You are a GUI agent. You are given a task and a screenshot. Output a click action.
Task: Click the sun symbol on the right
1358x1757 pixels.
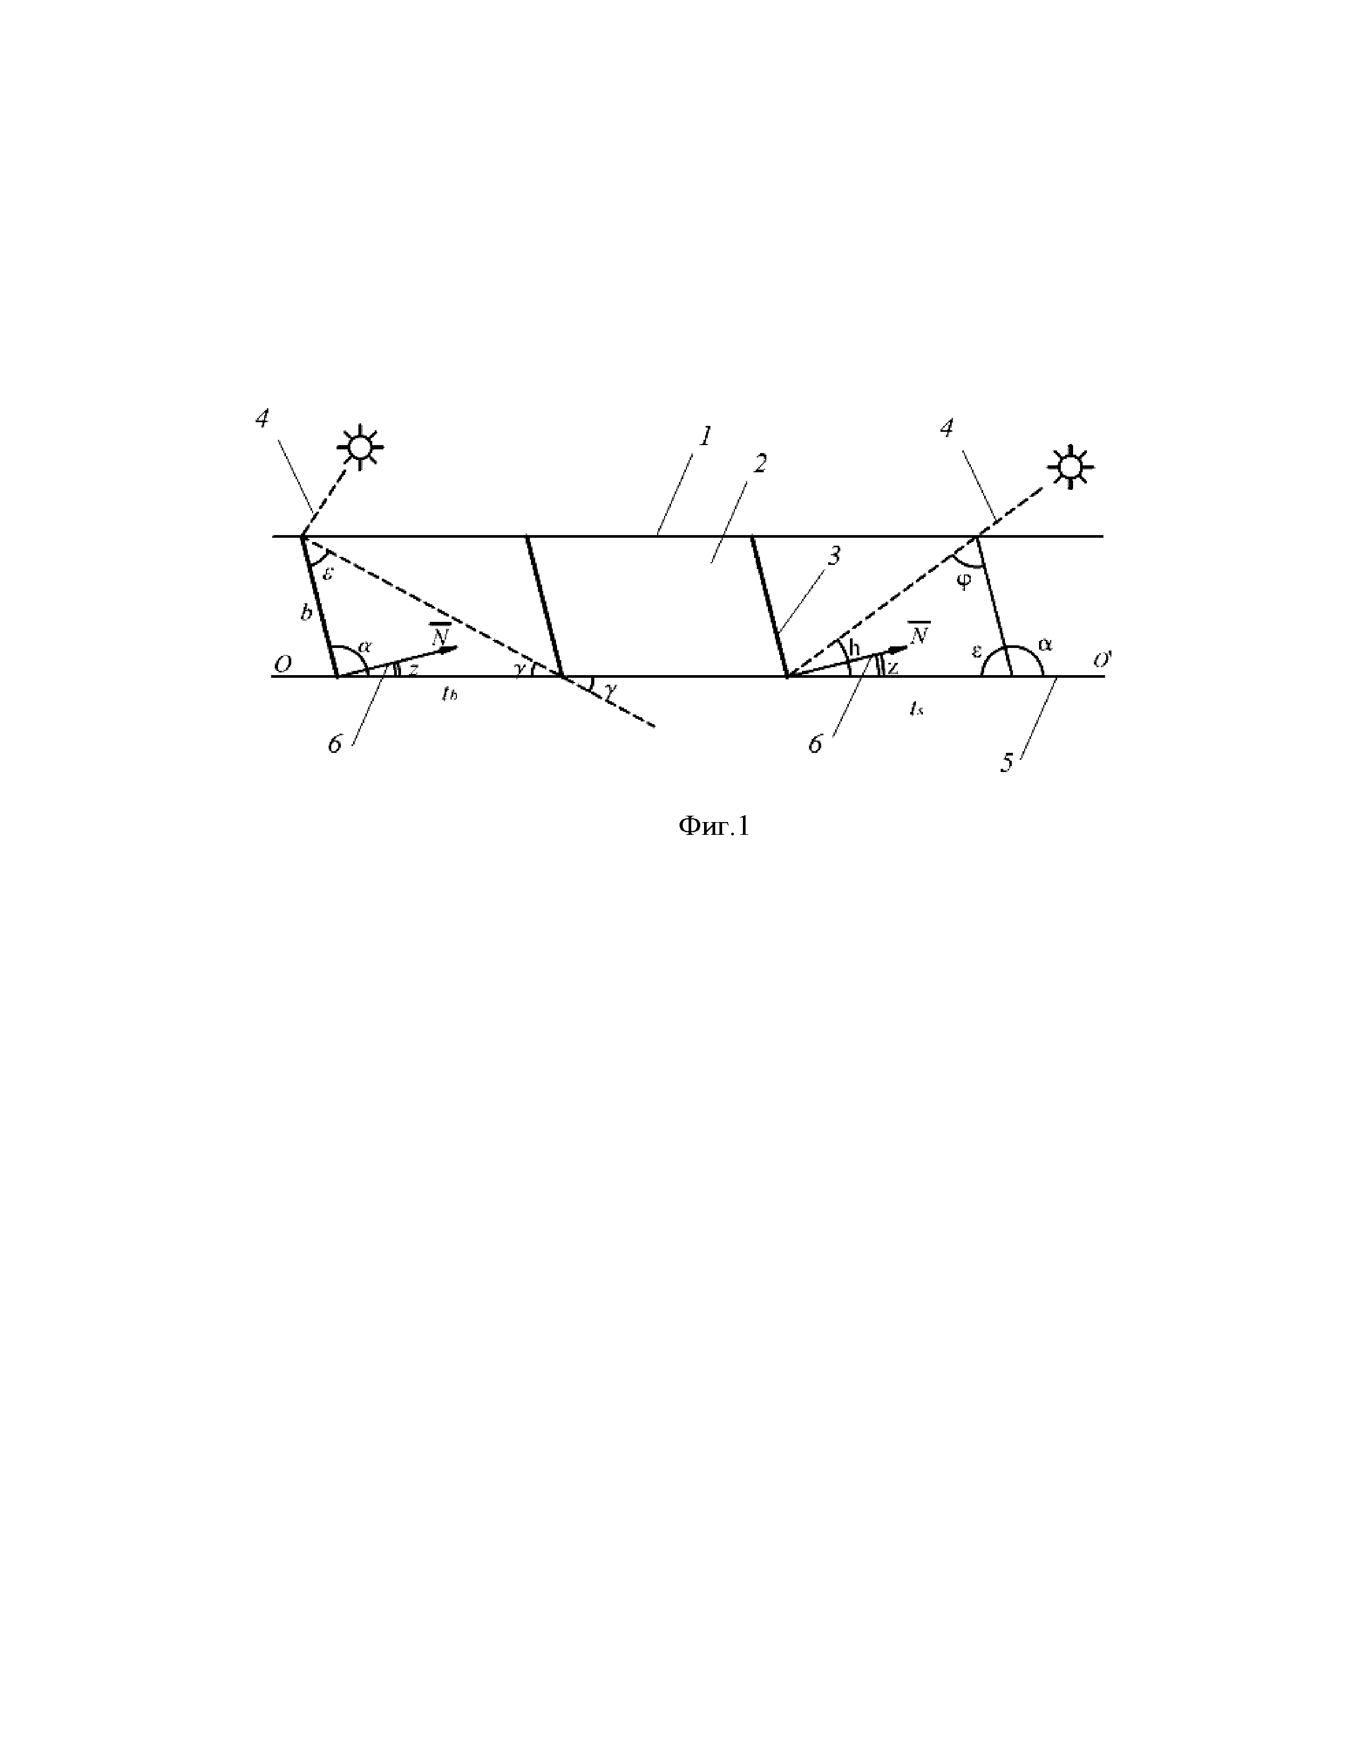(1069, 466)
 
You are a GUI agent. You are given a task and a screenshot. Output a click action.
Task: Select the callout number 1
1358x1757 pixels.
(705, 437)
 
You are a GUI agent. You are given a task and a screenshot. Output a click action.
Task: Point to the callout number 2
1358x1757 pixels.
(759, 463)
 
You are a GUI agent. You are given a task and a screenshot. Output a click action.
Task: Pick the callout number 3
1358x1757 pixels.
(835, 555)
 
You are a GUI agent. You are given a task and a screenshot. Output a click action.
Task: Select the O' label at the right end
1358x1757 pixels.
(1101, 661)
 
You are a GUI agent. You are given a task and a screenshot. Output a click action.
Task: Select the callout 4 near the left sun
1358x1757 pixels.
(262, 418)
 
